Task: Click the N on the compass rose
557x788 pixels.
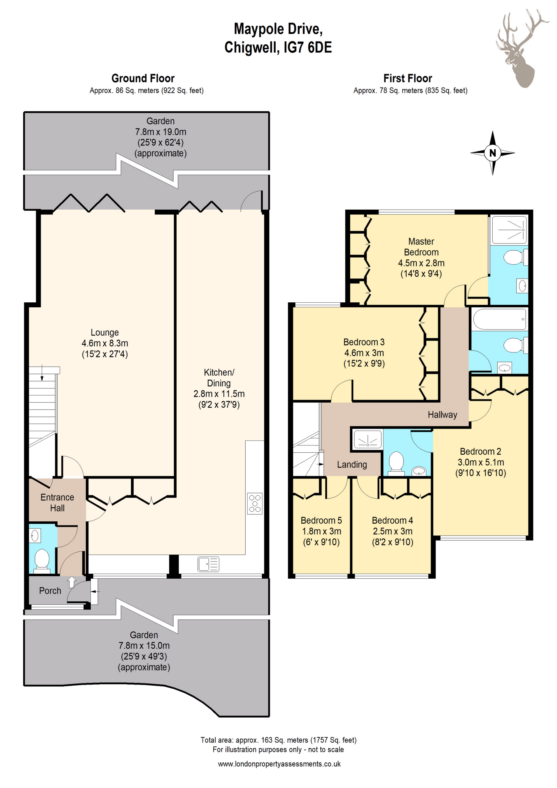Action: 492,153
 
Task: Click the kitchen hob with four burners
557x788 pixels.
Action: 255,504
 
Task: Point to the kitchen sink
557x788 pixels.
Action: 208,564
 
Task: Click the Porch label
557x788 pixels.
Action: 50,591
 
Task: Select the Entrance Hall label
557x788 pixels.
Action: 57,502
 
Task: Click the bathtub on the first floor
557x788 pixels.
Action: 499,319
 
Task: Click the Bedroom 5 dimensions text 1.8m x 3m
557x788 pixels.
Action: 322,531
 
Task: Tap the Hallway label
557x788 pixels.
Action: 442,415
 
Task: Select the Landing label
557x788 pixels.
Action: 352,465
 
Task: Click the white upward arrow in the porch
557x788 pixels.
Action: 72,582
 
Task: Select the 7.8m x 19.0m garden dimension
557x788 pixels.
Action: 161,132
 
